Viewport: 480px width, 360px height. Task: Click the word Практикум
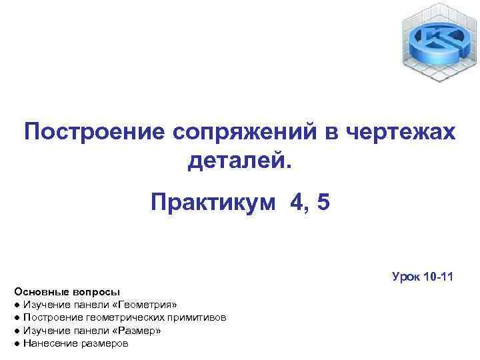click(x=212, y=202)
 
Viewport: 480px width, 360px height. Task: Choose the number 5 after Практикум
click(x=323, y=202)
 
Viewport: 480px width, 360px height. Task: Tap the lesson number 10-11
click(x=438, y=276)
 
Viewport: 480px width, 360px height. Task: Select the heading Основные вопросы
click(x=66, y=292)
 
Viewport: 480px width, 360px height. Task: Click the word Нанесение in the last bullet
click(x=45, y=343)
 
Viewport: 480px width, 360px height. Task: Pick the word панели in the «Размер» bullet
click(x=96, y=330)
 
